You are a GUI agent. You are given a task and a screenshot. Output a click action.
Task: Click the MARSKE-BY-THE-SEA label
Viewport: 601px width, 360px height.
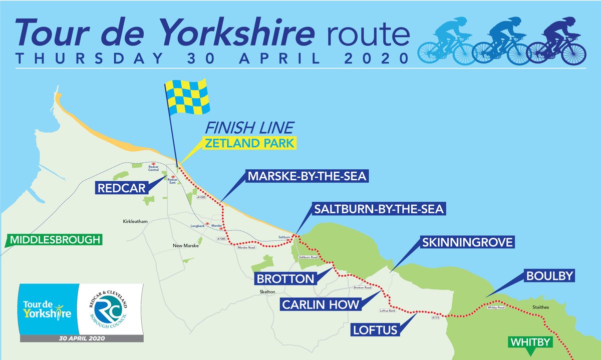(x=307, y=177)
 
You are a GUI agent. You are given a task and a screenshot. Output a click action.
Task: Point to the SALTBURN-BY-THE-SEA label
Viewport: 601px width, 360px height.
(x=378, y=209)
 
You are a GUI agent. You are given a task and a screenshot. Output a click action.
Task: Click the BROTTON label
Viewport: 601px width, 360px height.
(x=285, y=278)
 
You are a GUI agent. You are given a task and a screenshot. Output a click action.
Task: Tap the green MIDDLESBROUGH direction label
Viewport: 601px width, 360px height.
(x=53, y=240)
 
